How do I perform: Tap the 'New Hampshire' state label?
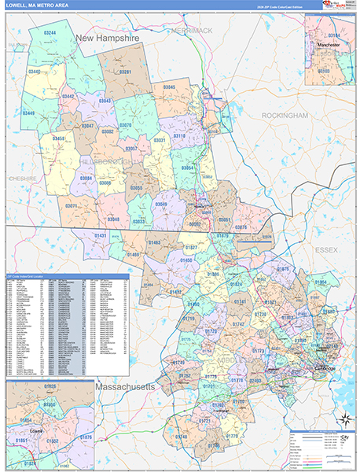[107, 37]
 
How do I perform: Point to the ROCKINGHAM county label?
[285, 115]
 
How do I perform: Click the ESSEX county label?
[326, 250]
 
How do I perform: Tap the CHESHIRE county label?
[23, 179]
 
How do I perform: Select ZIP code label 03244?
[50, 32]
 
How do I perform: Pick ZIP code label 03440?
[35, 72]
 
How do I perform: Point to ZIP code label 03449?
[29, 113]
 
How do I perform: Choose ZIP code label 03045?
[169, 87]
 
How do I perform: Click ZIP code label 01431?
[101, 235]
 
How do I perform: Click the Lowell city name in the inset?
[35, 432]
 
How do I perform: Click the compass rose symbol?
[343, 418]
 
